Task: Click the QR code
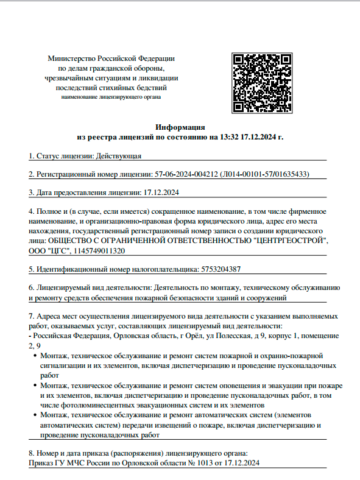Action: coord(263,83)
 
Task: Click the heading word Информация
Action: coord(180,127)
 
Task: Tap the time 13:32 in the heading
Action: coord(230,138)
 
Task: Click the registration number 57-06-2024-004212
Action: coord(185,174)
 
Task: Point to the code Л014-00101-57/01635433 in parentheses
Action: coord(264,174)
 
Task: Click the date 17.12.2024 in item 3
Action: coord(161,192)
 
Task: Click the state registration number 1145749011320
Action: coord(101,250)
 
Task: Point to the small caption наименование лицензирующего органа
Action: coord(111,97)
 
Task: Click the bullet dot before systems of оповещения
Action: coord(34,386)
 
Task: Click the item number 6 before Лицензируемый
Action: coord(31,287)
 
